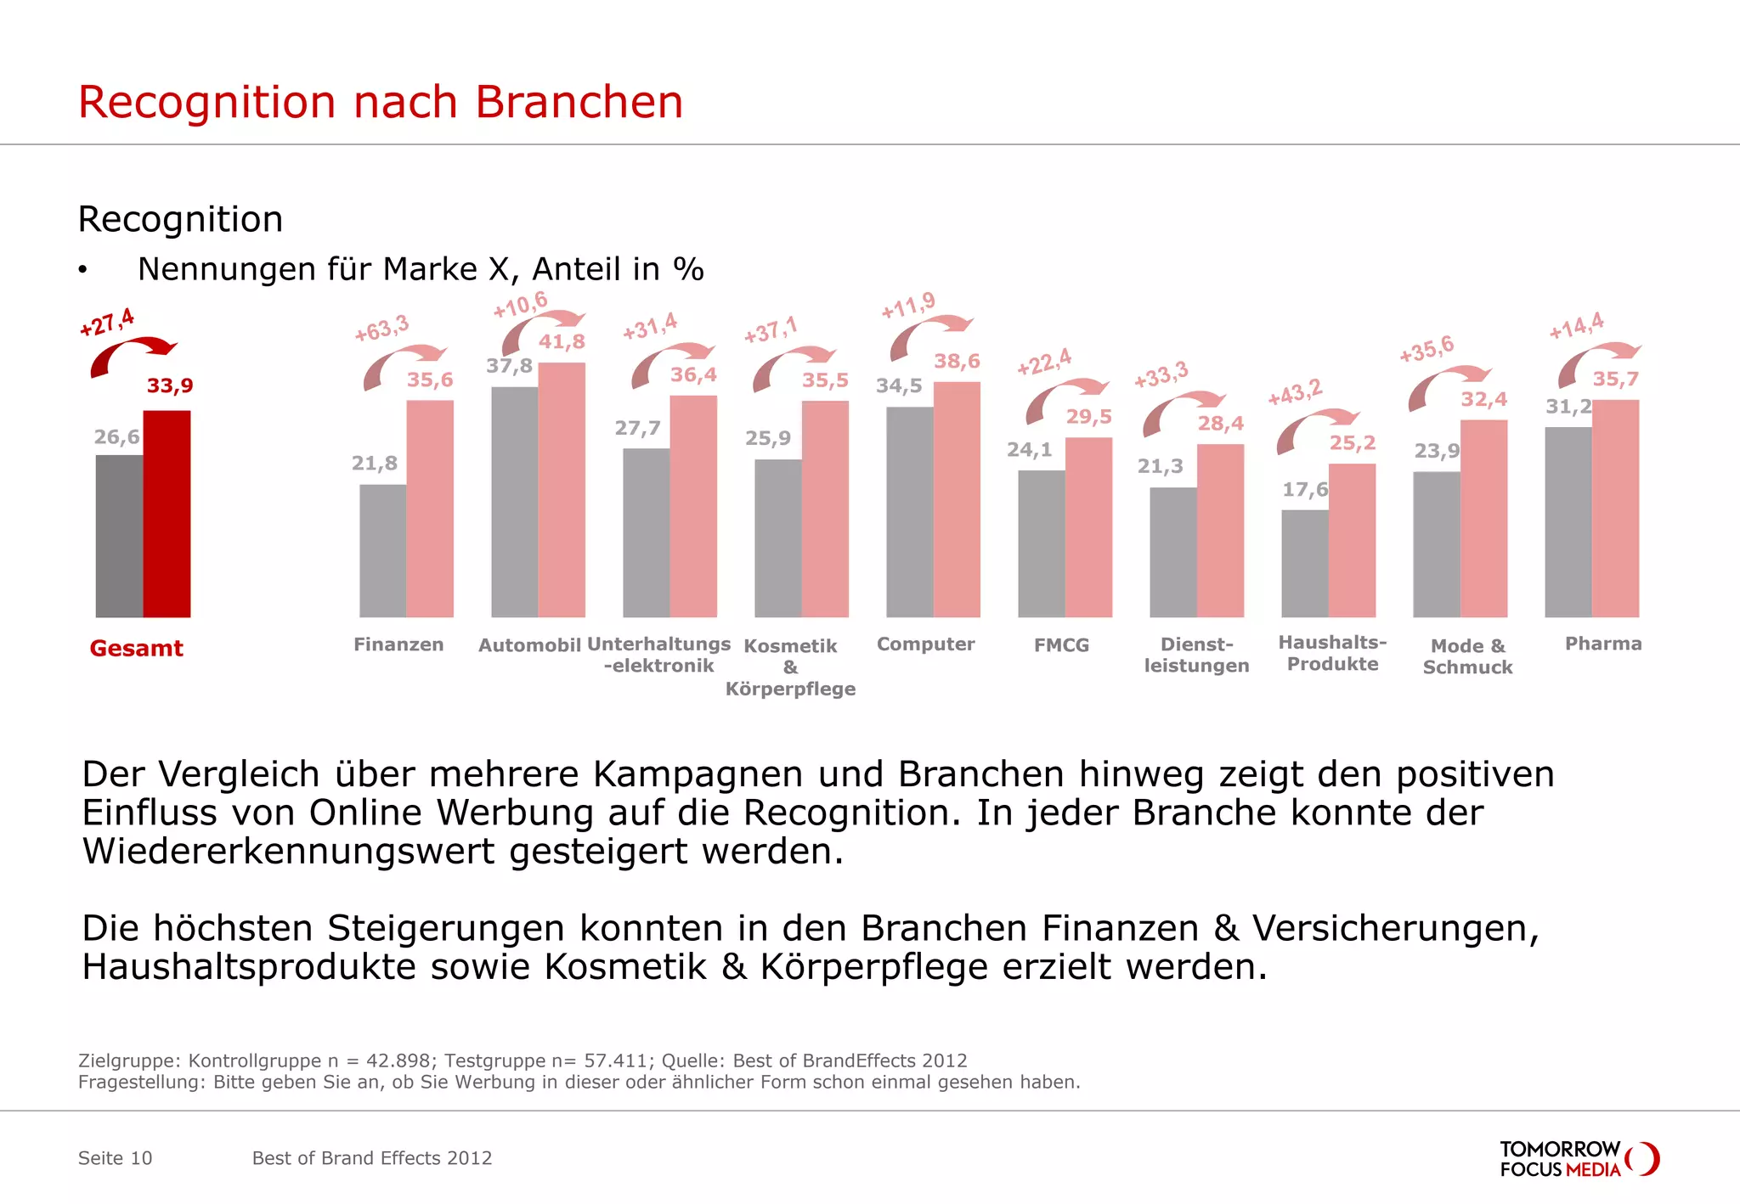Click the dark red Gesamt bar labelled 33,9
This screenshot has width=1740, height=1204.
(x=167, y=514)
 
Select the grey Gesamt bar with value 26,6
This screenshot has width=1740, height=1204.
(x=119, y=536)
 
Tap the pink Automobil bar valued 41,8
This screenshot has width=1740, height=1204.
(x=562, y=490)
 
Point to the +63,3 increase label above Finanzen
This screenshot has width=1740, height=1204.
(x=381, y=328)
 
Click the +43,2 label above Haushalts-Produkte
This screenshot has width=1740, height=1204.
(x=1295, y=392)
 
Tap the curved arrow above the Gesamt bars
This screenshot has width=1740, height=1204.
(x=131, y=354)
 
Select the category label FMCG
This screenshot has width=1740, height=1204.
(x=1061, y=645)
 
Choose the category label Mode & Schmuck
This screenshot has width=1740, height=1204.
(x=1467, y=656)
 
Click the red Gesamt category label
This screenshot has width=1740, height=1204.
(x=136, y=648)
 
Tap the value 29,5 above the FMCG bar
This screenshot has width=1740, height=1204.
(x=1088, y=417)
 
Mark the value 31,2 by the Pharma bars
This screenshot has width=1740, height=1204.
(x=1568, y=407)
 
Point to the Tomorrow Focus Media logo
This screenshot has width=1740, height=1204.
(x=1579, y=1159)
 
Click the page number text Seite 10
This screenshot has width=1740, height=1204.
(x=115, y=1158)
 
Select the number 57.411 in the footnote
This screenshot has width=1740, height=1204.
(x=619, y=1061)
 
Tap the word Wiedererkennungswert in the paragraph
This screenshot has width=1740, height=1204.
(x=288, y=852)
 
